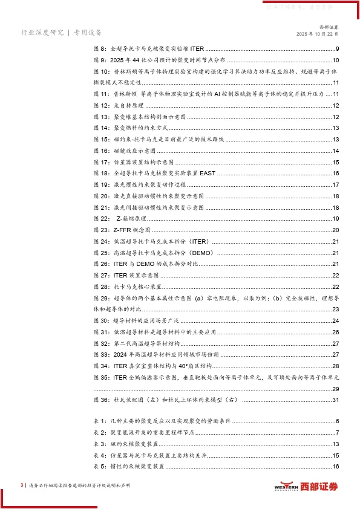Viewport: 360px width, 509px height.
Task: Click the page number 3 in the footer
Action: (22, 485)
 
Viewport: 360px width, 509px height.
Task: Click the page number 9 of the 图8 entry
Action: (337, 49)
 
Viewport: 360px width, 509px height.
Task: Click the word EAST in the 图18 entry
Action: (208, 173)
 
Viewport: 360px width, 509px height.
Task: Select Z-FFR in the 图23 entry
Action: (123, 230)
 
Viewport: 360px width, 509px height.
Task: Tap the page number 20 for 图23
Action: (335, 230)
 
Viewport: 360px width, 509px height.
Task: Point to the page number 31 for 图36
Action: (335, 400)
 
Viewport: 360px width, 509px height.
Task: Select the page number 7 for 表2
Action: (337, 432)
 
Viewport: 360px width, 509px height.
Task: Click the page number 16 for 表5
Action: (335, 466)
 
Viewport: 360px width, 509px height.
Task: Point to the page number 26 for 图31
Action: (335, 332)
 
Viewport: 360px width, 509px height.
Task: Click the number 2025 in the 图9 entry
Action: (122, 60)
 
